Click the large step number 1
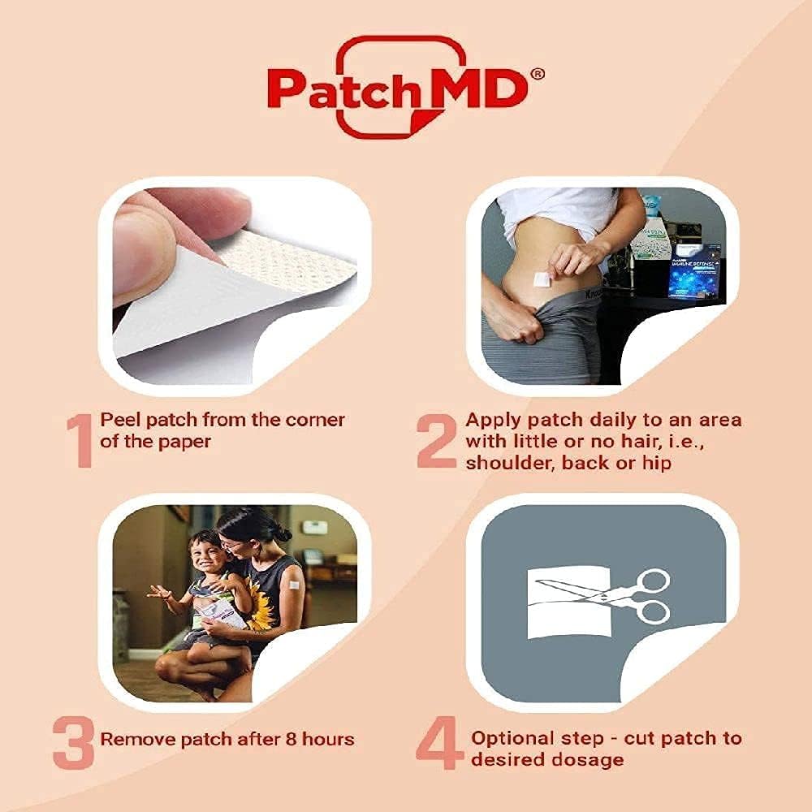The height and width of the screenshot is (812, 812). (79, 440)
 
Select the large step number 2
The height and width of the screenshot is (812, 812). (437, 440)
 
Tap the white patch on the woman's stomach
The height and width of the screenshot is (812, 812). (542, 279)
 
